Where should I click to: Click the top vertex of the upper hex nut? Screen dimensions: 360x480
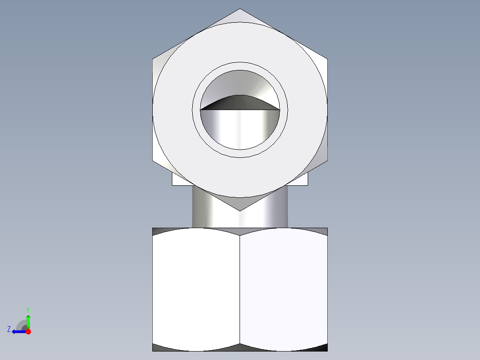[x=240, y=9]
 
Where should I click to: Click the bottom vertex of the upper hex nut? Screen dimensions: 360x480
[x=240, y=210]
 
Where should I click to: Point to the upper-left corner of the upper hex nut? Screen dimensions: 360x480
[x=153, y=58]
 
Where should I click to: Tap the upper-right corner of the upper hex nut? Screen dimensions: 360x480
[x=327, y=58]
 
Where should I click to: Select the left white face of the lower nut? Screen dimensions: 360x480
[x=196, y=287]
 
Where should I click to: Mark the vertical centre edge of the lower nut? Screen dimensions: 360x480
[x=240, y=290]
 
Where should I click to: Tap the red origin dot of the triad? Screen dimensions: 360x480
[x=28, y=331]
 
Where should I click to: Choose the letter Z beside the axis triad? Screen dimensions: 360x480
[x=9, y=329]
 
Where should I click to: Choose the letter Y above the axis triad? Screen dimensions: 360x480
[x=28, y=309]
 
